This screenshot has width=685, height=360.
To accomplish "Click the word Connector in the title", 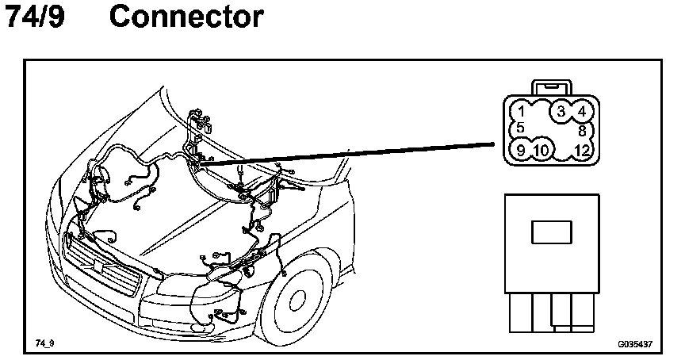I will click(186, 17).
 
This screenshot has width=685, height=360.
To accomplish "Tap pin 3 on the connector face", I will click(561, 111).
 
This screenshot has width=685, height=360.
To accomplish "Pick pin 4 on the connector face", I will click(582, 111).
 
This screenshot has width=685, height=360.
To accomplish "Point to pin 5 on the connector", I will click(519, 128).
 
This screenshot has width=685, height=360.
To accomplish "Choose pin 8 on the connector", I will click(582, 130).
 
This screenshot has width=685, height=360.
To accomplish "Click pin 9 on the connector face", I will click(520, 149).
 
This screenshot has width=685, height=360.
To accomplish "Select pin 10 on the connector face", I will click(541, 149).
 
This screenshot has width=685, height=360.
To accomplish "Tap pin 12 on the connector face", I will click(581, 149).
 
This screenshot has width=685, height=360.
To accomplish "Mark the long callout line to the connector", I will click(357, 152).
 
